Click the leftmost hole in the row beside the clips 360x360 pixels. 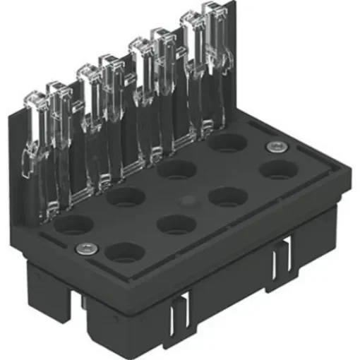click(x=73, y=224)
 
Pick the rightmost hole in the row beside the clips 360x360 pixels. click(x=227, y=143)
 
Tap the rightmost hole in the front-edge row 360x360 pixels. click(x=279, y=169)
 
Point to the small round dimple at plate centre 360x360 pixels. click(x=187, y=200)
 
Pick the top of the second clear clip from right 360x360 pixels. click(x=192, y=18)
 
